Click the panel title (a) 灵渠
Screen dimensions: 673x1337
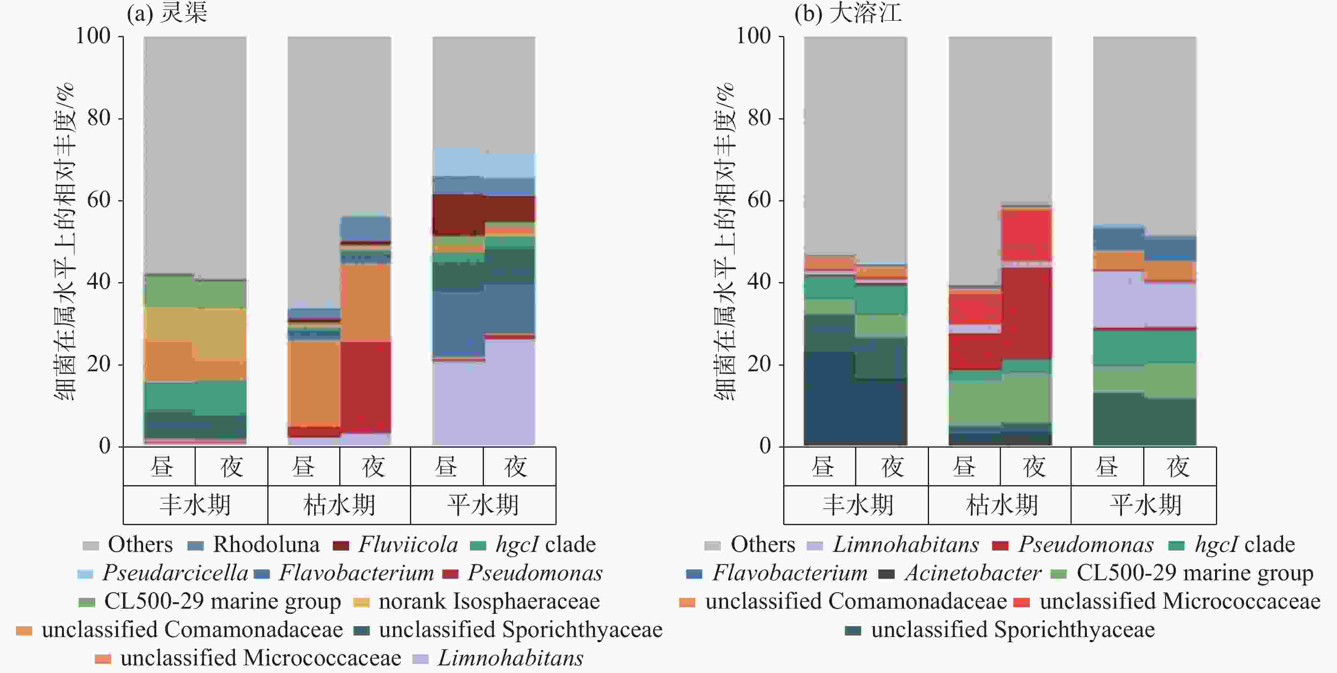[x=167, y=12]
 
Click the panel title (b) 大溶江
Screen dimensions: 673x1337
[x=848, y=12]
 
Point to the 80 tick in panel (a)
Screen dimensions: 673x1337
[x=99, y=118]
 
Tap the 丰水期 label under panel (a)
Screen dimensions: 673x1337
[x=195, y=505]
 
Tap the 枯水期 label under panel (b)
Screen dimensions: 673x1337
[x=1002, y=505]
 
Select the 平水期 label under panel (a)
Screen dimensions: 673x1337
[x=483, y=505]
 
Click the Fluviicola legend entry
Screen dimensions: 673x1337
[x=408, y=545]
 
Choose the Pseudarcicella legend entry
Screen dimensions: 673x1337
[x=175, y=573]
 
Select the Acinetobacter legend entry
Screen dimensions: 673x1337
[x=973, y=573]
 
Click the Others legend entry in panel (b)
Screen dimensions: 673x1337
[x=762, y=545]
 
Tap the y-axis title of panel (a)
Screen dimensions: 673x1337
[x=65, y=241]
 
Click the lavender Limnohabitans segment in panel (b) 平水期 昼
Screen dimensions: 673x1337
[x=1118, y=299]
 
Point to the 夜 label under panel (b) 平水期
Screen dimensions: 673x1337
[x=1178, y=466]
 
